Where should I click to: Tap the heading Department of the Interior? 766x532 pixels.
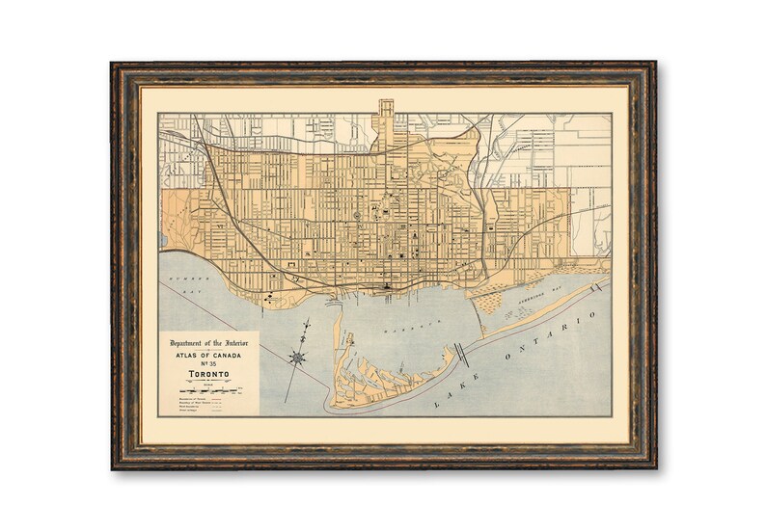208,343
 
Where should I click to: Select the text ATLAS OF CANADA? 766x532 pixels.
208,354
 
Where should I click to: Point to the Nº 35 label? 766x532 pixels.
208,362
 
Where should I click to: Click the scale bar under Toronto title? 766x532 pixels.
208,385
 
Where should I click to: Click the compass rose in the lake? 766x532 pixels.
298,358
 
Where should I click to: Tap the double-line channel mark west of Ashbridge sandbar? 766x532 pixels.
463,352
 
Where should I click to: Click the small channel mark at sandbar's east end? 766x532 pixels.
601,286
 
